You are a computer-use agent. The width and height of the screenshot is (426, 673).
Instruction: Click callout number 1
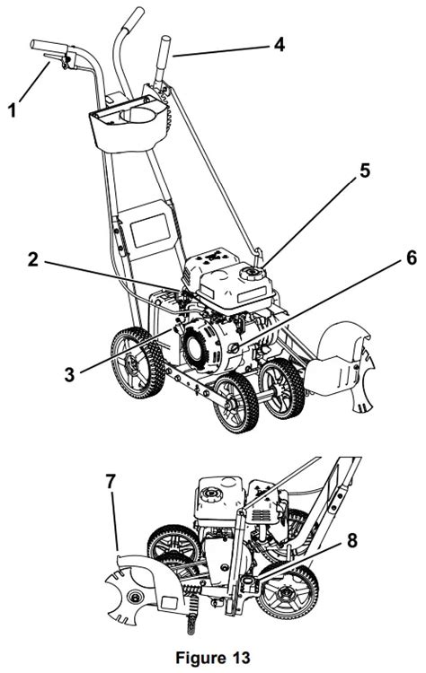(13, 111)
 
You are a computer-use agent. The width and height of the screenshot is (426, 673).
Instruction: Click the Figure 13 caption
(213, 658)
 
